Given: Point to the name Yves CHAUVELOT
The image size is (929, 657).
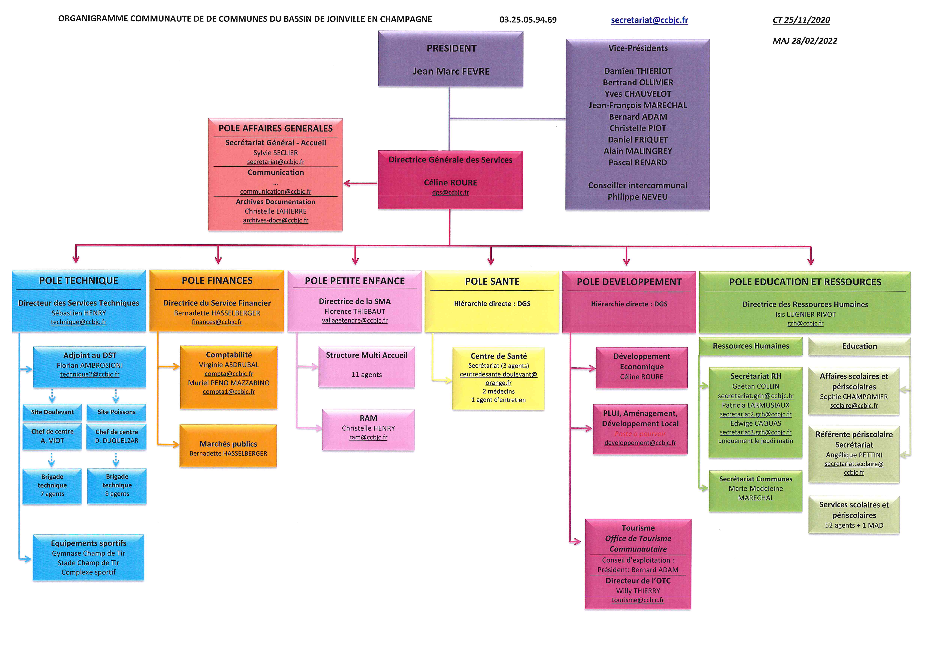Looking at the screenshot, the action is coord(638,94).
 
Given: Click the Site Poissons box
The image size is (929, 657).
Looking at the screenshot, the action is coord(116,412).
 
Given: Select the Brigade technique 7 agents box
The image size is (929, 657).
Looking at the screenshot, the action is coord(52,486).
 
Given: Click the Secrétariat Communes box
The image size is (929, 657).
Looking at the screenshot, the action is coord(755,491).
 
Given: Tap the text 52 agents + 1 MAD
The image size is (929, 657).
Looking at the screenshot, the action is coord(854,525).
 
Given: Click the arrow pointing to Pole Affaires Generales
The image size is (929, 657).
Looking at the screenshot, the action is coord(360,183).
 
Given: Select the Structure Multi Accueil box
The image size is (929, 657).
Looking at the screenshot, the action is coord(367,367).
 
